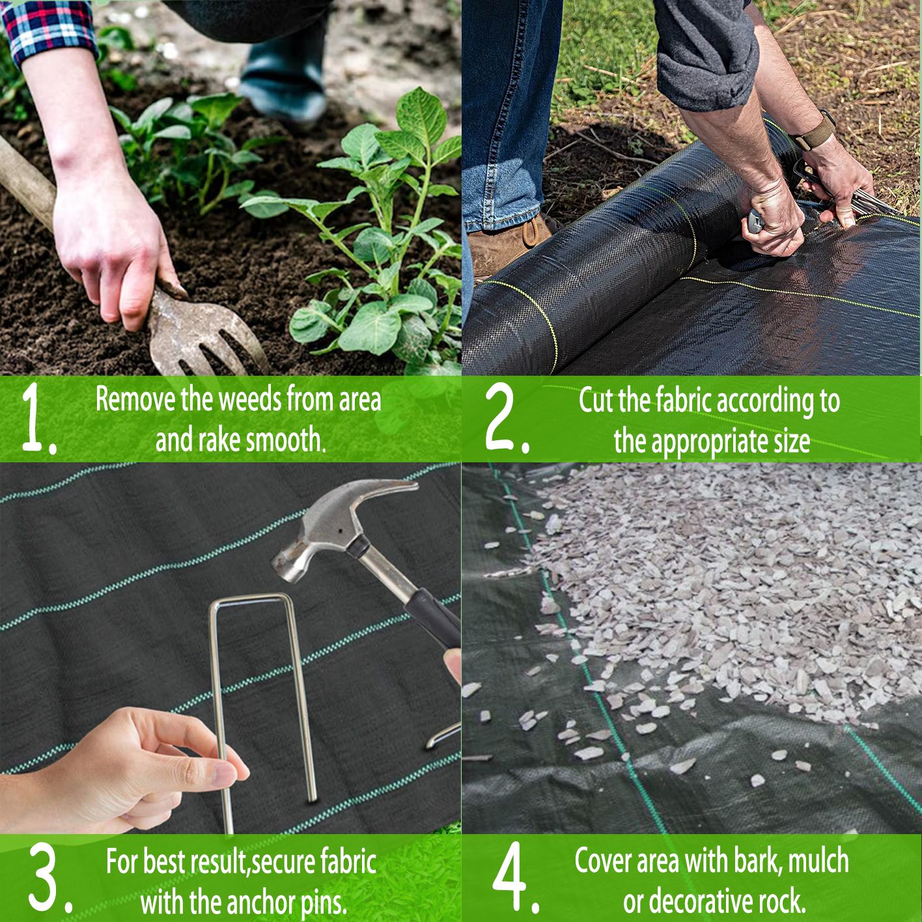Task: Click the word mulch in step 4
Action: (x=818, y=861)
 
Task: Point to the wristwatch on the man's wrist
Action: (x=814, y=130)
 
